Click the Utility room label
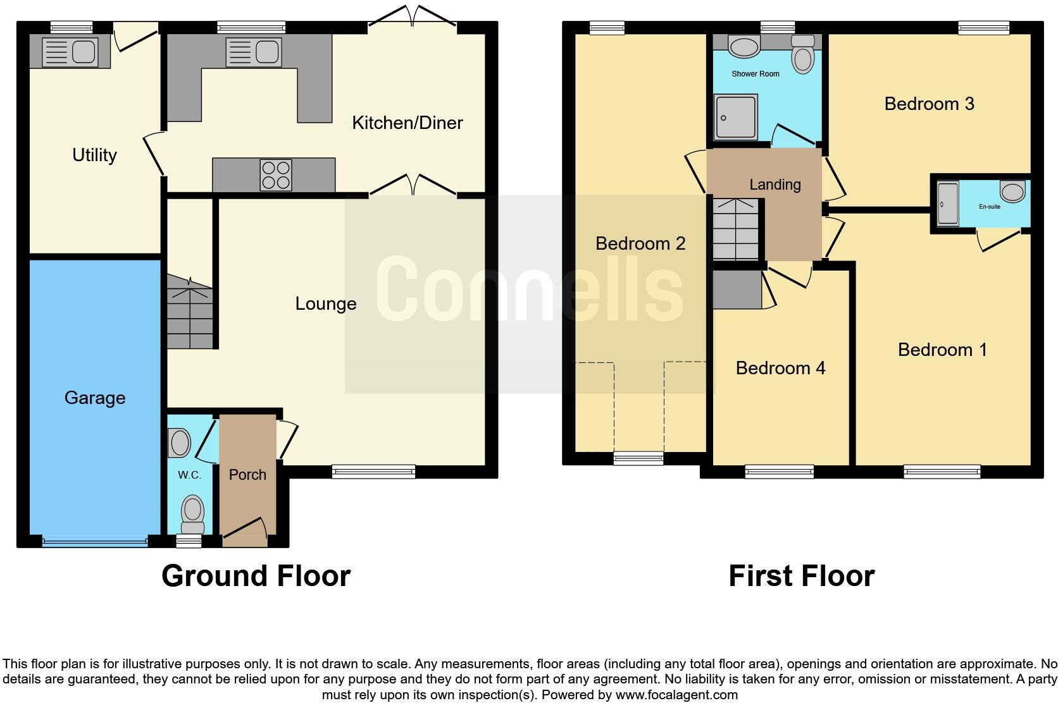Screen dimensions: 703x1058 point(94,155)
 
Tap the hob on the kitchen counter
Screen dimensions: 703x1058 point(276,175)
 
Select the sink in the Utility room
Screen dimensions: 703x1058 point(70,51)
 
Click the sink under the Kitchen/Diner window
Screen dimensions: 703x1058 point(253,51)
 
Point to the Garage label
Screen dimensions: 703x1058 point(95,398)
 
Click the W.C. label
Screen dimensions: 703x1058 point(189,475)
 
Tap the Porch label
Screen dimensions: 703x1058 point(247,475)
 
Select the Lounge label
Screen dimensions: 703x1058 point(325,303)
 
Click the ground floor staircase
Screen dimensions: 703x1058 point(190,313)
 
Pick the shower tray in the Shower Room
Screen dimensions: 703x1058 point(735,117)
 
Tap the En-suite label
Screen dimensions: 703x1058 point(989,207)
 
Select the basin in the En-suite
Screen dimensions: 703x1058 point(1012,192)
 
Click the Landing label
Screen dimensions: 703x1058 point(775,185)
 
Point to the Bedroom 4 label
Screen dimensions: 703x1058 point(780,368)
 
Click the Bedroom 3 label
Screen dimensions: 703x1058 point(928,104)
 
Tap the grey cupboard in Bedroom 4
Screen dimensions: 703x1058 point(737,290)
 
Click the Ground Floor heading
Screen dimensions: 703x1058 point(256,576)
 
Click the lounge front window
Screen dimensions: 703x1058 point(373,471)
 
